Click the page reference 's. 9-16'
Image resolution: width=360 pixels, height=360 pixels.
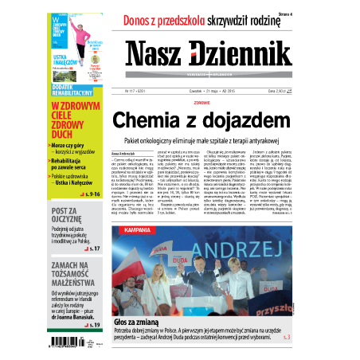click(x=89, y=194)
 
